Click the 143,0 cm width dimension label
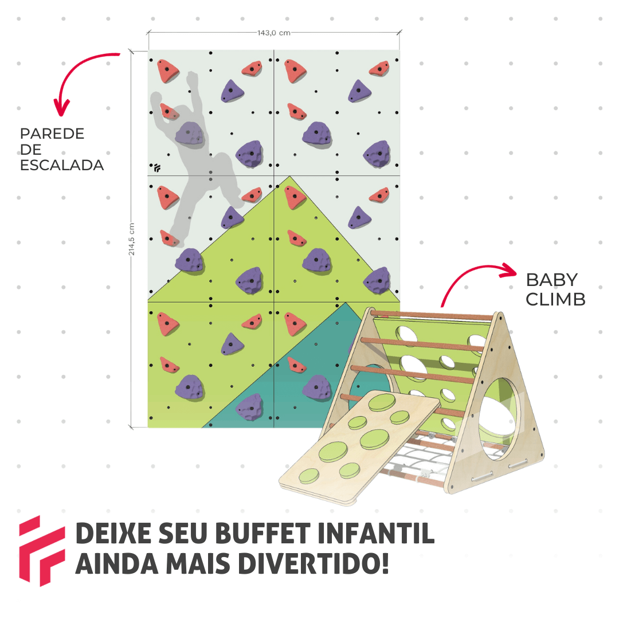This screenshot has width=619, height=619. (274, 33)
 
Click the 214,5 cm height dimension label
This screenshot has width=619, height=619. (132, 239)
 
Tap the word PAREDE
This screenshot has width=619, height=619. (52, 134)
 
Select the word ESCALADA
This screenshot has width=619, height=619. (62, 166)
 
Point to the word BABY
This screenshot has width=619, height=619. (552, 280)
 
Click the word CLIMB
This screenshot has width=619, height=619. (555, 299)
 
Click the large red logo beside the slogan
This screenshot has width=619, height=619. (41, 551)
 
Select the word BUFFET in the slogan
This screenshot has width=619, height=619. (263, 534)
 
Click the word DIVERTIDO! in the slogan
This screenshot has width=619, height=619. (314, 563)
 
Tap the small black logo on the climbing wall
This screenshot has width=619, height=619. (157, 168)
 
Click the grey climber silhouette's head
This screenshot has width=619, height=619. (192, 80)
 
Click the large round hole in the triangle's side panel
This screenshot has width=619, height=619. (498, 418)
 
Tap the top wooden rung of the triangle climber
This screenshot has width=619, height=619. (432, 315)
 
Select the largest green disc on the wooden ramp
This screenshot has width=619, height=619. (334, 452)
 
